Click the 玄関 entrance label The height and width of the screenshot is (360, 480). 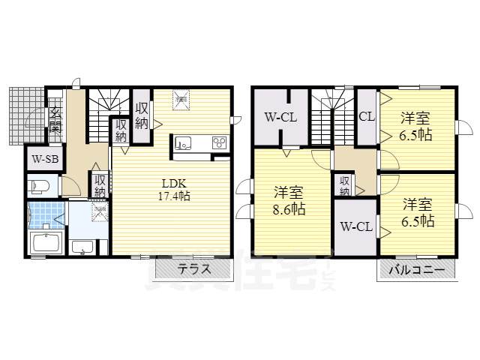pyautogui.click(x=55, y=119)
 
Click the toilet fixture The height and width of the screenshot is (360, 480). pyautogui.click(x=40, y=184)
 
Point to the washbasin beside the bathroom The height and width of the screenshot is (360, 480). pyautogui.click(x=82, y=247)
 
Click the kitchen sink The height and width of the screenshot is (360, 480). pyautogui.click(x=185, y=142)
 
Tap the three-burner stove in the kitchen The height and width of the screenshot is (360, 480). pyautogui.click(x=220, y=142)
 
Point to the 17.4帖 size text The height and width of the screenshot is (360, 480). pyautogui.click(x=173, y=196)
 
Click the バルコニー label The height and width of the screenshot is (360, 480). pyautogui.click(x=416, y=269)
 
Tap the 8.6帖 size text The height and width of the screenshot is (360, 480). pyautogui.click(x=289, y=209)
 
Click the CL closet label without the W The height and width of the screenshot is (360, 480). pyautogui.click(x=366, y=117)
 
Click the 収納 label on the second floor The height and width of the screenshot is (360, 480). pyautogui.click(x=344, y=186)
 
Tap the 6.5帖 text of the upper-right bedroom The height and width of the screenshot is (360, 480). pyautogui.click(x=415, y=135)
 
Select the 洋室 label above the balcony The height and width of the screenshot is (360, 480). pyautogui.click(x=417, y=204)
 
